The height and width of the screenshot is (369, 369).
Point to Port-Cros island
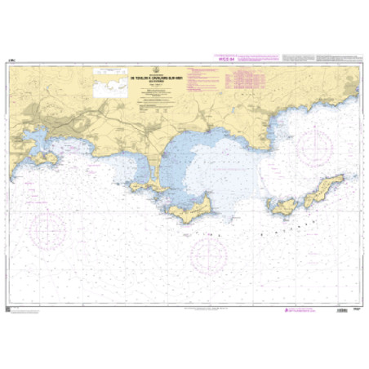pos(287,207)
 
